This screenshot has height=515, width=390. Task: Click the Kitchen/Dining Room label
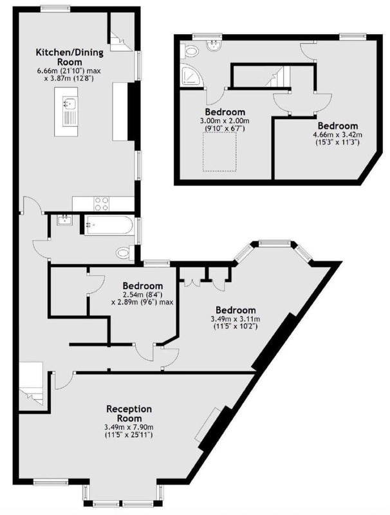[70, 57]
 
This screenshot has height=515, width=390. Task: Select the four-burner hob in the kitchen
[102, 203]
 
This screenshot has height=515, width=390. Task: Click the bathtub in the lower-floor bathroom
[109, 225]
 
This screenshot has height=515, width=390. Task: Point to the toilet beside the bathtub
[125, 252]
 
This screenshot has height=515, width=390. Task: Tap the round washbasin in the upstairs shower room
[214, 44]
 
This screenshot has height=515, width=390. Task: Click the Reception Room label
[129, 413]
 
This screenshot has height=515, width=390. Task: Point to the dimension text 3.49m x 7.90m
[129, 427]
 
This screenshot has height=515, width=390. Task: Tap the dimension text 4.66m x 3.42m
[338, 135]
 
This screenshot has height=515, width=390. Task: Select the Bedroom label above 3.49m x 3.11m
[236, 310]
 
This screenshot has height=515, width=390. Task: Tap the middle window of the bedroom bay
[275, 243]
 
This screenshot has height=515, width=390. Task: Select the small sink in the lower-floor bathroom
[64, 220]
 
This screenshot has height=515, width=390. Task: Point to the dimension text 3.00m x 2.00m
[225, 121]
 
